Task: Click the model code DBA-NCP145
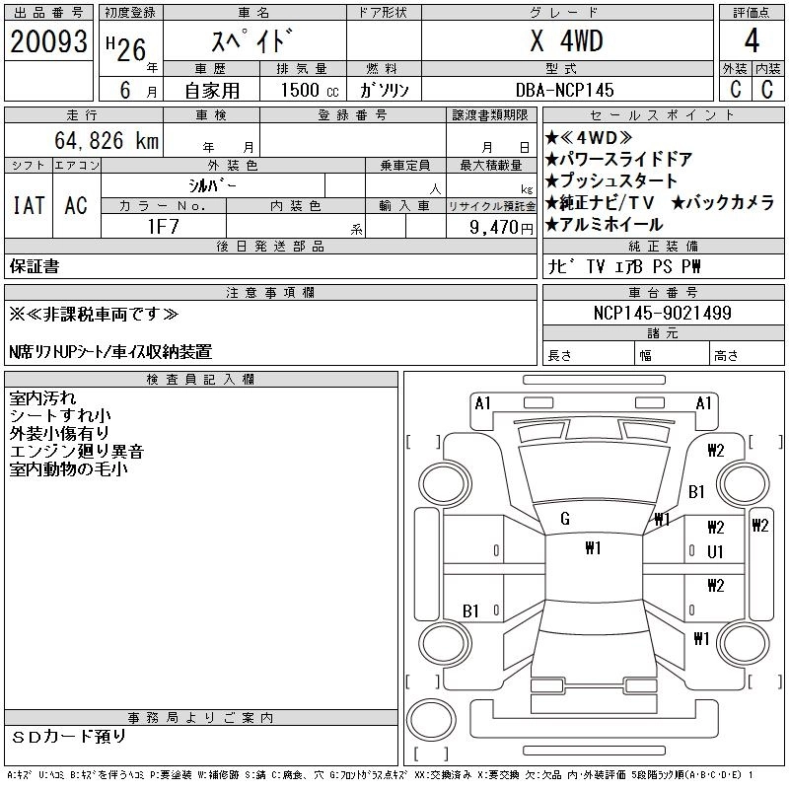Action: [566, 89]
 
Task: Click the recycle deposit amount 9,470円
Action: [502, 227]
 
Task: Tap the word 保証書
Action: [35, 266]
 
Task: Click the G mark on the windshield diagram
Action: [565, 520]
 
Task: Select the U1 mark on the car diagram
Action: [715, 550]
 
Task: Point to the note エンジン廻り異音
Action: [77, 451]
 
